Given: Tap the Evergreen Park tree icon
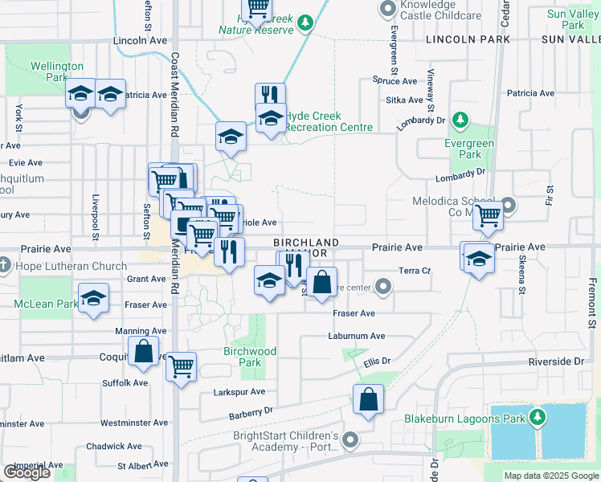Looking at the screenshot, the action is pyautogui.click(x=460, y=120).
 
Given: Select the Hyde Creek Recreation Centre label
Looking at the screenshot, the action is pyautogui.click(x=329, y=121).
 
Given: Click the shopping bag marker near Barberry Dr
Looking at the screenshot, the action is pyautogui.click(x=368, y=399).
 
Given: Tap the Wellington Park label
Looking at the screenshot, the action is pyautogui.click(x=56, y=71).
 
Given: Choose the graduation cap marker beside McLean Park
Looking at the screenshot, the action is pyautogui.click(x=93, y=300).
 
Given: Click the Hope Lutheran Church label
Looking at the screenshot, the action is pyautogui.click(x=69, y=266).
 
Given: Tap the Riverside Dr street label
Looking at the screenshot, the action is pyautogui.click(x=556, y=361).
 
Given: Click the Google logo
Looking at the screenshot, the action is pyautogui.click(x=27, y=472).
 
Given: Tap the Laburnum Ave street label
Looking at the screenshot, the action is pyautogui.click(x=358, y=336).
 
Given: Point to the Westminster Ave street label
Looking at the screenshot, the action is pyautogui.click(x=123, y=422).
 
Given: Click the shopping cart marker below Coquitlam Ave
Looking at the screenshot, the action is pyautogui.click(x=181, y=366).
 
